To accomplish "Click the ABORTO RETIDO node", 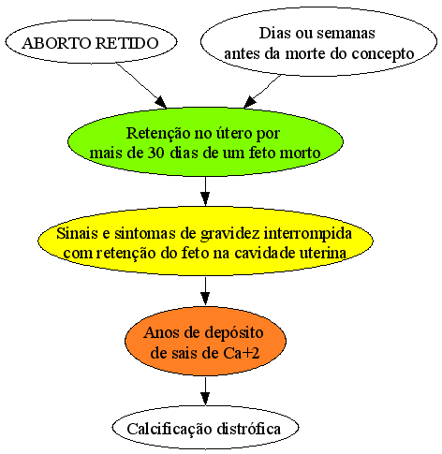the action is tap(91, 42).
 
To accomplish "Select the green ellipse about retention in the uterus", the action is tap(205, 142).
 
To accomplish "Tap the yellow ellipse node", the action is tap(205, 241).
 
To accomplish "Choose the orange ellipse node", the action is tap(205, 341).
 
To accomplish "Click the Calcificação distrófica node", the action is tap(205, 428).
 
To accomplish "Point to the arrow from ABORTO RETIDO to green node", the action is tap(141, 85).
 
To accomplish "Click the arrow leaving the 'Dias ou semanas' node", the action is tap(262, 91).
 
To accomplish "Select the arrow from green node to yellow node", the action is tap(205, 191).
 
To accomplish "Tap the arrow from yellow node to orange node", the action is tap(205, 291).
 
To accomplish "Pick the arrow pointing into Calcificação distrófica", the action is tap(205, 390).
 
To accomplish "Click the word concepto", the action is tap(383, 54).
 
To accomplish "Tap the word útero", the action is tap(229, 133).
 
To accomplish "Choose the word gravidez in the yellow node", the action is tap(230, 234).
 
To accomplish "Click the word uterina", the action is tap(323, 253).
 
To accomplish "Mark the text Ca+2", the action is tap(242, 353).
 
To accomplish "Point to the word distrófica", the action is tap(249, 429).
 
